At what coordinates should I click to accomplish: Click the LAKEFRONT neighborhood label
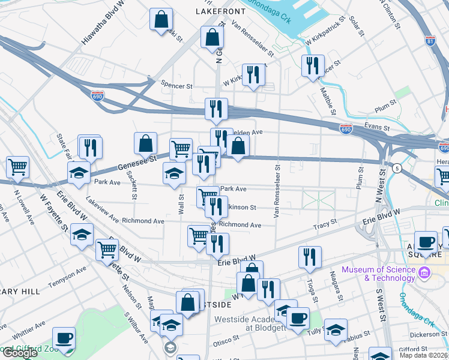coord(220,11)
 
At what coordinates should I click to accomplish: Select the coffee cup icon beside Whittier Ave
coord(64,337)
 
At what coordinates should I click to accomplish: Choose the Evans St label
coord(378,127)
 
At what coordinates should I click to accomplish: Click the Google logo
coord(20,353)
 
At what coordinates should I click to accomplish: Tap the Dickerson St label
coord(427,333)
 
